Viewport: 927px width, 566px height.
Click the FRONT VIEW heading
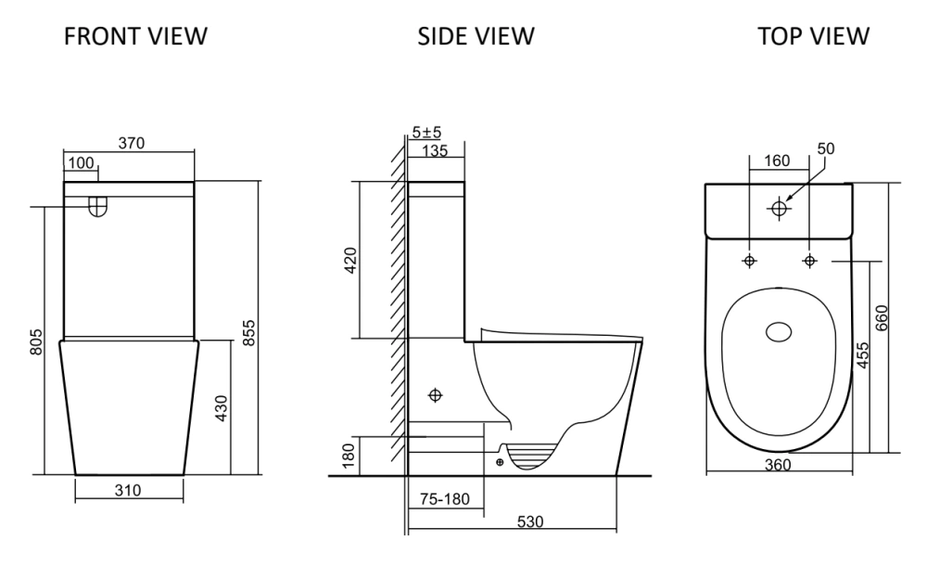[135, 36]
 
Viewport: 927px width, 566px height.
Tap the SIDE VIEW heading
[476, 36]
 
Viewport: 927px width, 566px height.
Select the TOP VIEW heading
[814, 36]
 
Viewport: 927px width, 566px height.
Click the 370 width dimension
[132, 143]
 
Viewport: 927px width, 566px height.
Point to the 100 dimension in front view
[81, 162]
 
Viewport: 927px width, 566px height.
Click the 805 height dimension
[36, 342]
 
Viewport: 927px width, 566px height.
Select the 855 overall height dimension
[248, 333]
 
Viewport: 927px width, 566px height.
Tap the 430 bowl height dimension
[222, 408]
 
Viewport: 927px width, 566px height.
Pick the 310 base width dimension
[128, 490]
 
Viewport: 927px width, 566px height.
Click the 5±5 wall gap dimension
[426, 132]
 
